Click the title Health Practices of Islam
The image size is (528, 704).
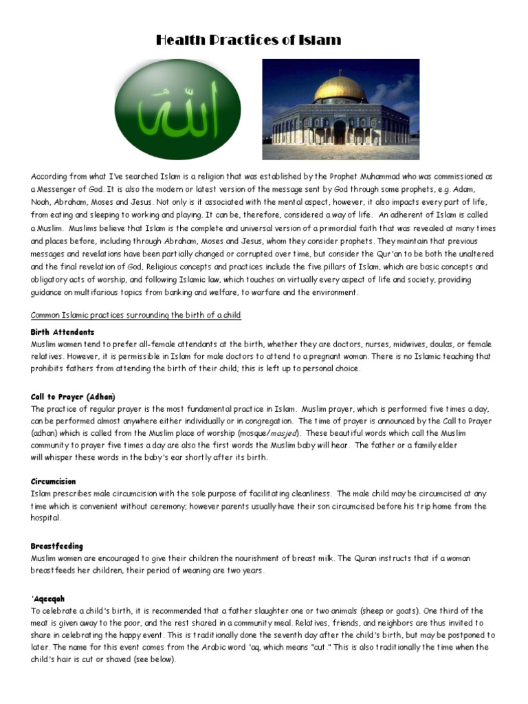click(248, 40)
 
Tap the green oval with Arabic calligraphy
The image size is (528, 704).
click(177, 109)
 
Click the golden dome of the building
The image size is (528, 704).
click(341, 88)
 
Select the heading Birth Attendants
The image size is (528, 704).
click(63, 332)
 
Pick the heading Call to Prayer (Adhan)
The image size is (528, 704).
click(73, 397)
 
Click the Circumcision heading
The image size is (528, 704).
click(53, 481)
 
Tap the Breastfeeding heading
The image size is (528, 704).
click(56, 546)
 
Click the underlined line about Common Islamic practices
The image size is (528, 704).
click(135, 315)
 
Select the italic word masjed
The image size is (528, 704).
click(282, 434)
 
